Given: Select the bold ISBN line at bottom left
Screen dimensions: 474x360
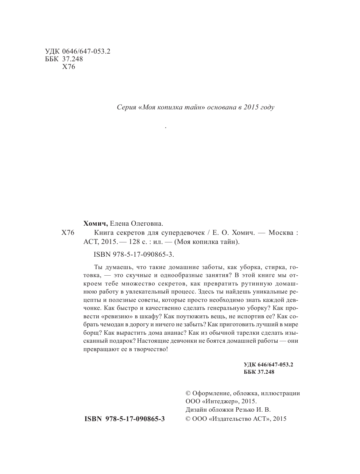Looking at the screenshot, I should point(124,419).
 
